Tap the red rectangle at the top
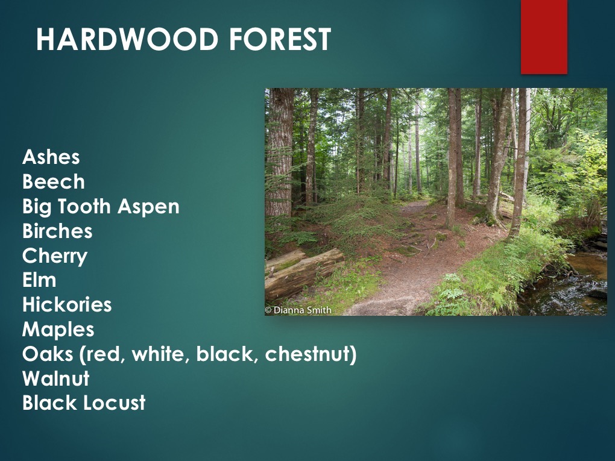(544, 36)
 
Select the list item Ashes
(51, 157)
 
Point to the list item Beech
(54, 182)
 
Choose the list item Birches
(57, 231)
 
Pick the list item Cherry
(55, 256)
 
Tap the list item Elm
(39, 280)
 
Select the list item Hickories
(67, 305)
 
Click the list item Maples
(58, 330)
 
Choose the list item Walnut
(56, 379)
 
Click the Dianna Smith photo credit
(298, 310)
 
